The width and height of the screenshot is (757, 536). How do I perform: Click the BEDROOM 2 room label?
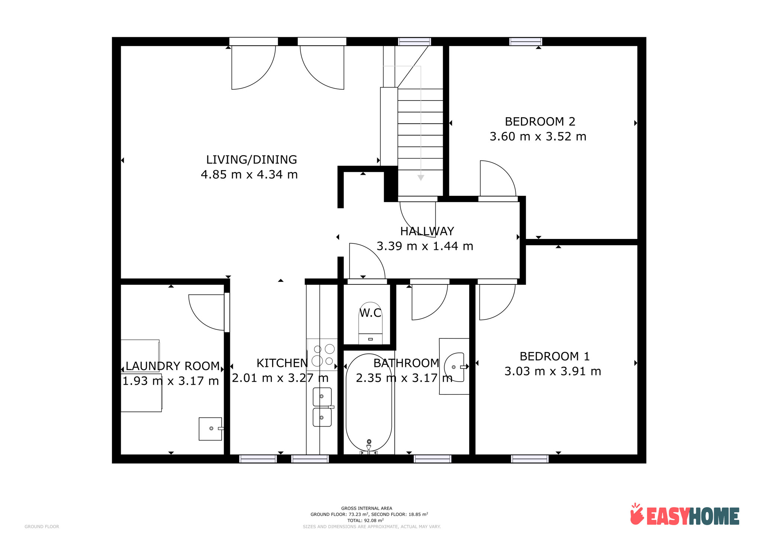539,121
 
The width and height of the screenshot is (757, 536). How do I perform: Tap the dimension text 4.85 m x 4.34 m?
249,174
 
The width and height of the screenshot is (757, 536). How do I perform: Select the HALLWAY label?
427,231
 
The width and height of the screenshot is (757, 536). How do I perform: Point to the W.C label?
370,313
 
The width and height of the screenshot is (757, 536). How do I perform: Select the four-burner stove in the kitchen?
322,355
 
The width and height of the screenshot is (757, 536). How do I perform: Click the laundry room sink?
211,429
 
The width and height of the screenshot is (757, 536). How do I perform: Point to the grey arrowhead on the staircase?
421,178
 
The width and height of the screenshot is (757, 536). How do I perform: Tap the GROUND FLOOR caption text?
42,527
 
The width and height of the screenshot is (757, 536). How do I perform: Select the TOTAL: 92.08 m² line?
365,520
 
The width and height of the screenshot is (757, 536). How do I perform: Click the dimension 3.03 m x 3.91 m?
553,371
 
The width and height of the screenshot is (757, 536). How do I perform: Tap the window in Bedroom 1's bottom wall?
529,459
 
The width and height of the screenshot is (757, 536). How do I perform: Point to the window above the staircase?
415,42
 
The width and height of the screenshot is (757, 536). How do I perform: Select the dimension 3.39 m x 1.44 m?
425,246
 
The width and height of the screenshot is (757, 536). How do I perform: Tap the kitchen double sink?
322,407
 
